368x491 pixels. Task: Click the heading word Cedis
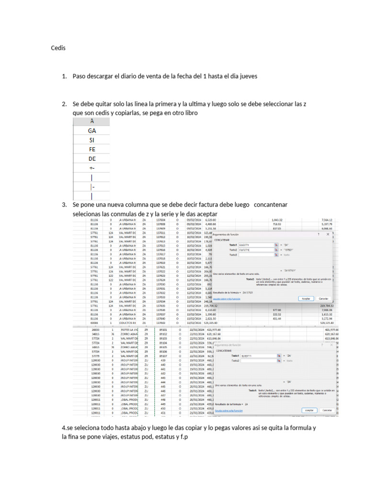[58, 48]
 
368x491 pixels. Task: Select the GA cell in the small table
[92, 130]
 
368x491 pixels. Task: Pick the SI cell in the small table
[92, 140]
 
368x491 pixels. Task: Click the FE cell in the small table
[92, 149]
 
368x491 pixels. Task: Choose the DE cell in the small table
[92, 159]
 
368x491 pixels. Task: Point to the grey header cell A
[92, 121]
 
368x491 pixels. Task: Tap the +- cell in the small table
[92, 168]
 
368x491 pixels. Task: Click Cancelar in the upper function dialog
[324, 298]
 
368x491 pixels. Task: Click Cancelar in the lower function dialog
[327, 410]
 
